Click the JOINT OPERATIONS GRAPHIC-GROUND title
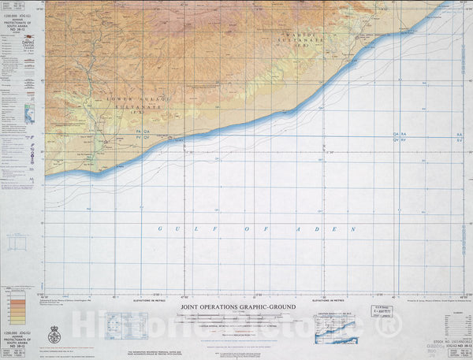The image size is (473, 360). coord(239,306)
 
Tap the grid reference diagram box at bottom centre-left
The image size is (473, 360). coord(123,325)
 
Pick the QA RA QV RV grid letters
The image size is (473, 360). coord(399,139)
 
